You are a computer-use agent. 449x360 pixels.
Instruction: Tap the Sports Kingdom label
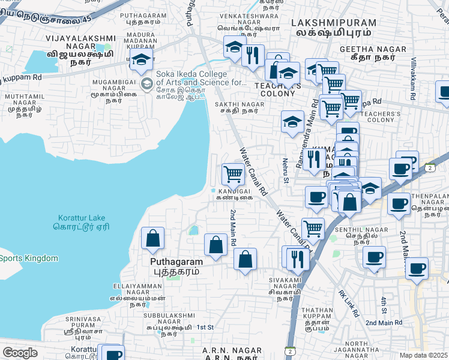click(29, 259)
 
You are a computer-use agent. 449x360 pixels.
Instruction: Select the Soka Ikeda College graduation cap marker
click(141, 60)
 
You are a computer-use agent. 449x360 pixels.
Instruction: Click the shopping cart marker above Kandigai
click(233, 175)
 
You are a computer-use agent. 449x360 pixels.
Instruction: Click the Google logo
click(20, 353)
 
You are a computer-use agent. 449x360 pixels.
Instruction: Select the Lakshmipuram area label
click(333, 27)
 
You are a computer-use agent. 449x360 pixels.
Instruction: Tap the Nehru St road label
click(286, 170)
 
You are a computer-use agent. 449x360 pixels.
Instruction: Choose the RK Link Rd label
click(348, 304)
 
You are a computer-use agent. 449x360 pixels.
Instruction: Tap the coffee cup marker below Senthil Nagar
click(374, 259)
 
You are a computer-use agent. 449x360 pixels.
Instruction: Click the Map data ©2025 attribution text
click(424, 355)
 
